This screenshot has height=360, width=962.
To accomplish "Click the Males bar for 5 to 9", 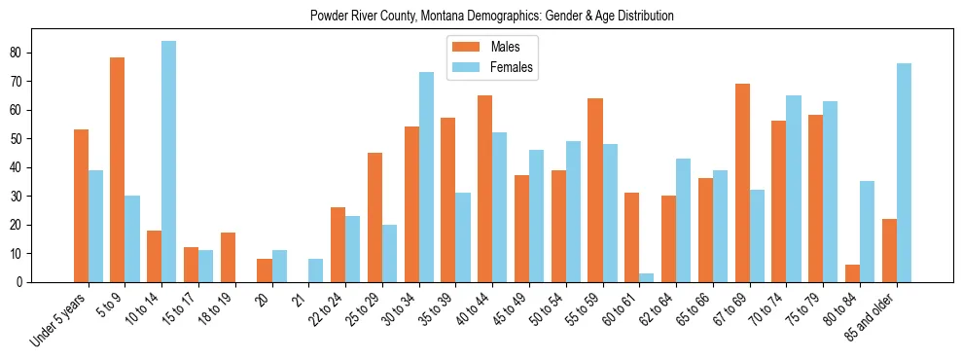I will point(117,170).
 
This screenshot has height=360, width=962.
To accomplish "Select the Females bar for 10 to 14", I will point(168,162).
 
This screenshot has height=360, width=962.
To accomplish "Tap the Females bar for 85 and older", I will point(903,173).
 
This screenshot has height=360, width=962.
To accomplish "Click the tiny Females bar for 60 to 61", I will point(647,278).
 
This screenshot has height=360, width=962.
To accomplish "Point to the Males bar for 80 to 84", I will point(852,273).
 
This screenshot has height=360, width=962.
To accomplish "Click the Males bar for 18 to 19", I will point(228,258).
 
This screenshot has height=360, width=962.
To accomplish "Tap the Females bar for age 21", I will point(315,270).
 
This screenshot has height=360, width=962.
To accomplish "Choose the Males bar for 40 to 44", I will point(484,189).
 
